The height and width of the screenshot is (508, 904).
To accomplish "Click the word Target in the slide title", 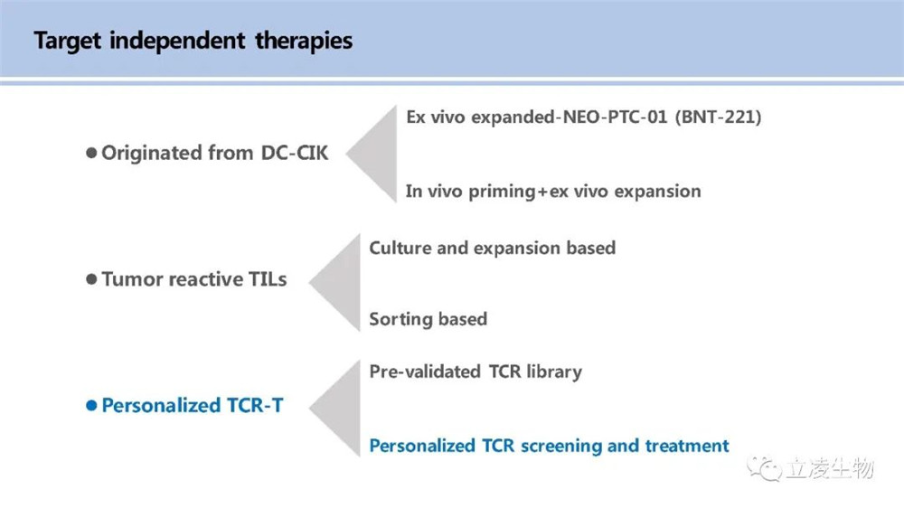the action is pyautogui.click(x=68, y=42).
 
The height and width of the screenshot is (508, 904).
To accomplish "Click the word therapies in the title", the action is pyautogui.click(x=304, y=42).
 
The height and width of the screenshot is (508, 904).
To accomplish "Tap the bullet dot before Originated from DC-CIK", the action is pyautogui.click(x=91, y=153).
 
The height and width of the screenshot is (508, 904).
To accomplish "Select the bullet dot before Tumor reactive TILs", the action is pyautogui.click(x=91, y=279).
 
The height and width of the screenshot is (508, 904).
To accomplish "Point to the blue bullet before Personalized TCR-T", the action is pyautogui.click(x=91, y=405).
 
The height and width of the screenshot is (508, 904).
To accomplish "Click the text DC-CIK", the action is pyautogui.click(x=295, y=153).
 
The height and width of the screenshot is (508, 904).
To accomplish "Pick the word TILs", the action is pyautogui.click(x=268, y=279).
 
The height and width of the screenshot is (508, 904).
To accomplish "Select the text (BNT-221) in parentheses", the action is pyautogui.click(x=718, y=117).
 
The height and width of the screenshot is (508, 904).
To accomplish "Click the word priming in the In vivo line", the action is pyautogui.click(x=502, y=192).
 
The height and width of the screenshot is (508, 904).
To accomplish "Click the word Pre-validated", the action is pyautogui.click(x=425, y=372).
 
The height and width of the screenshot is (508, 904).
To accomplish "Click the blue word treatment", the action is pyautogui.click(x=687, y=446).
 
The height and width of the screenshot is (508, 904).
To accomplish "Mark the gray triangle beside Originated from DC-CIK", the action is pyautogui.click(x=372, y=154).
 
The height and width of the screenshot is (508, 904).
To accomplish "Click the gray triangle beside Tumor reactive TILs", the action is pyautogui.click(x=335, y=283).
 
